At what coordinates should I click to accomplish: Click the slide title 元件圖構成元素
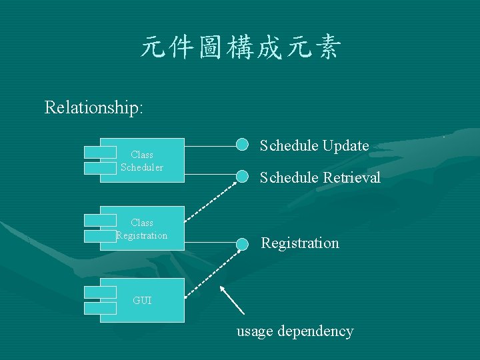(240, 49)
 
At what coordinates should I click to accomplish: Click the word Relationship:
(93, 107)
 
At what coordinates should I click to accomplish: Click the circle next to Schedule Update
(243, 145)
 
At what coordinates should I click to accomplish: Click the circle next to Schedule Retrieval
(243, 177)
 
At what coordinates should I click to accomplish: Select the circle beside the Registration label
(243, 243)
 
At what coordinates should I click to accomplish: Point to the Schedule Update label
(314, 145)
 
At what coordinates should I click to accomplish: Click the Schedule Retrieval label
(320, 177)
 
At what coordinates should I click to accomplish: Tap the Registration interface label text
(300, 243)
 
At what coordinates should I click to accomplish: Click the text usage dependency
(295, 331)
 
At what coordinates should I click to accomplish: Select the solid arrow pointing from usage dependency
(233, 300)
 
